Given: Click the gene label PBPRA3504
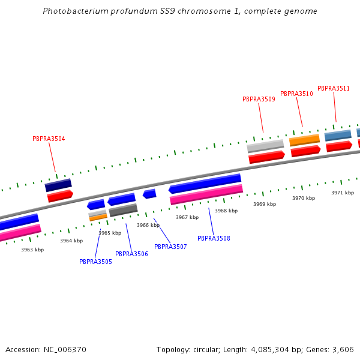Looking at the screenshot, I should pos(49,139).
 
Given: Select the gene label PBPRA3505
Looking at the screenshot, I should pos(95,262).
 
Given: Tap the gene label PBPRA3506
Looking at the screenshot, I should pos(131,254).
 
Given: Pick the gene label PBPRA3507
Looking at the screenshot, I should pos(170,247).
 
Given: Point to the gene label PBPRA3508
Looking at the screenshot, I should pos(214,238).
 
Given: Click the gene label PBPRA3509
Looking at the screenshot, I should pos(259,99).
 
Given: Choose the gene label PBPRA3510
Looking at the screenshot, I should pos(296,94).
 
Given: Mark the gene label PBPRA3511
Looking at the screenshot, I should pos(334,88).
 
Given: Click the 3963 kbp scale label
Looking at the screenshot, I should pos(32,250).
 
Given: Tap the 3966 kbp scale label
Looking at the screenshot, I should pos(148,225).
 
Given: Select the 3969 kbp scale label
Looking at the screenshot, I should pos(265,204).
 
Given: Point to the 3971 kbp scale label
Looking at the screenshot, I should pos(343,193).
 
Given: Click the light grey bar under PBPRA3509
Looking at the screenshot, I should pos(265,146).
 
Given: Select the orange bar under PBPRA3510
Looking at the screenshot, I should pos(304,140).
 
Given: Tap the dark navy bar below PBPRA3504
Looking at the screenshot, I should pos(58,185).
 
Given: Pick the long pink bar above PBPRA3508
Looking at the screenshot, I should pos(206,194).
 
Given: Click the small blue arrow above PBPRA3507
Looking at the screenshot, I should pos(149,194).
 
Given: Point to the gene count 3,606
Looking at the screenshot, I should pos(342,349).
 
